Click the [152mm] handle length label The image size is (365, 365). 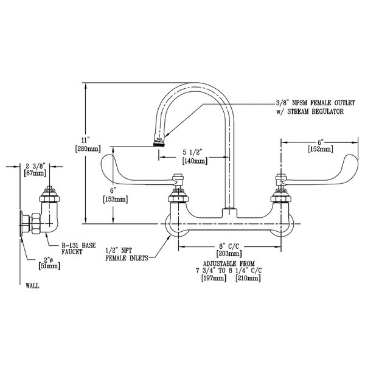(x=320, y=148)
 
